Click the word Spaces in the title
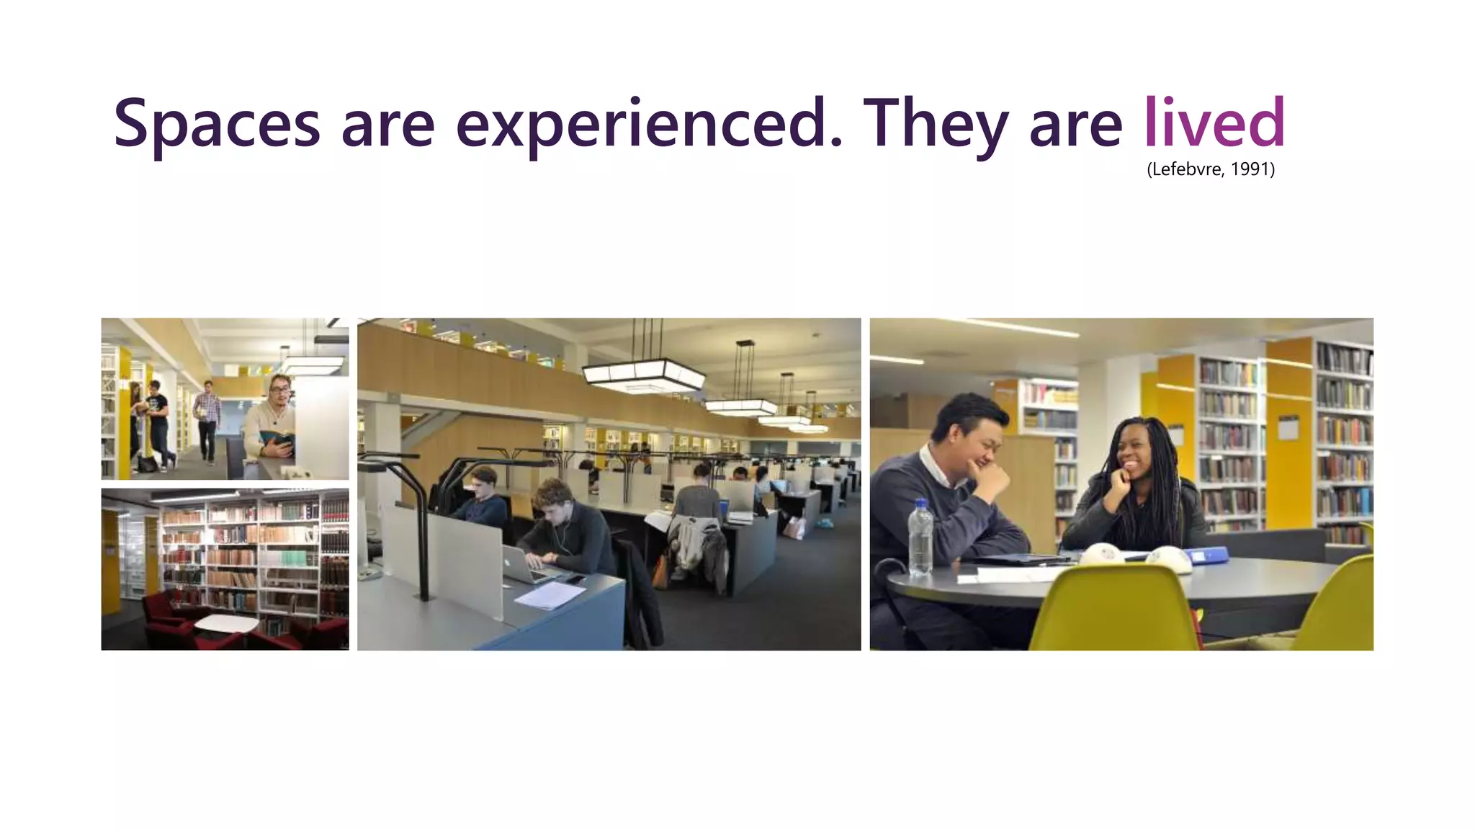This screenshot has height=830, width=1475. tap(216, 124)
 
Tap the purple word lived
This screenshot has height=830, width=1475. tap(1214, 122)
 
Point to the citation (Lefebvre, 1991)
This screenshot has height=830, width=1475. tap(1211, 169)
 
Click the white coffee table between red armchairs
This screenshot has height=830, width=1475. tap(226, 624)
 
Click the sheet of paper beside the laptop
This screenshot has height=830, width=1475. tap(550, 595)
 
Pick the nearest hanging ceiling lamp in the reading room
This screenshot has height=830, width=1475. tap(642, 373)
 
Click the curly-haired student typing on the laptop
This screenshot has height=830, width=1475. tap(565, 526)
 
